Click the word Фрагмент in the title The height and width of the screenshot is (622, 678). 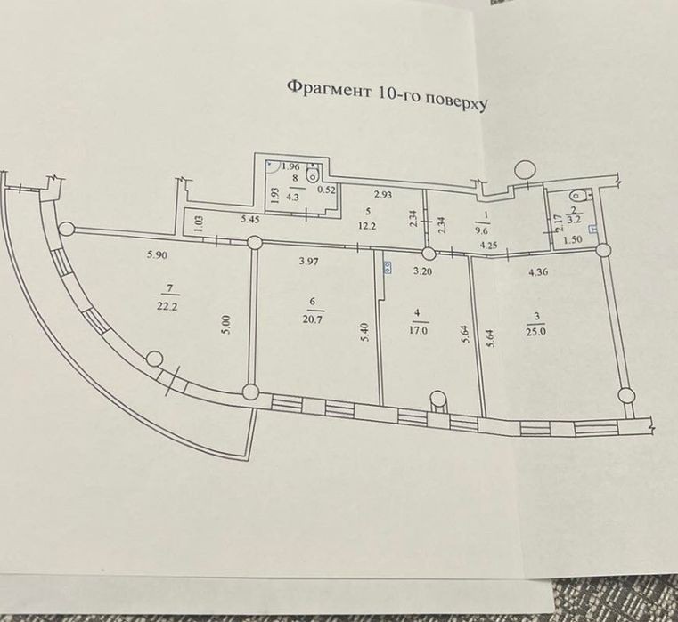coord(329,89)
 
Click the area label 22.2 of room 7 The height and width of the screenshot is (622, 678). coord(167,307)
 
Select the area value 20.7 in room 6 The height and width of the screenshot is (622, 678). coord(316,319)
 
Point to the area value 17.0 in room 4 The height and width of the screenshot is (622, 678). coord(421,331)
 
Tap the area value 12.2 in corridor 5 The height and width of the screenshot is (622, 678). coord(367,226)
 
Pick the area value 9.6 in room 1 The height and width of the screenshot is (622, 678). coord(483,231)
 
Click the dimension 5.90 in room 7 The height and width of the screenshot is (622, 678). coord(157,254)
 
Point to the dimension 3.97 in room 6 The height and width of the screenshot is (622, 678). coord(309,261)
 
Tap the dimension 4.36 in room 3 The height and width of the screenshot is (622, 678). coord(539,272)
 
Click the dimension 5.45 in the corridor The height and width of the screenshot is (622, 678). coord(250,220)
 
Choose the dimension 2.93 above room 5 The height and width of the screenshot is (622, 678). coord(383,195)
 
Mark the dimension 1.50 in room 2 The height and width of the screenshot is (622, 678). coord(574,239)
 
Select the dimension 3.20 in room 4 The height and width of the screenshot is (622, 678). coord(423,271)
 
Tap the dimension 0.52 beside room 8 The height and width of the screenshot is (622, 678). coord(326,190)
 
